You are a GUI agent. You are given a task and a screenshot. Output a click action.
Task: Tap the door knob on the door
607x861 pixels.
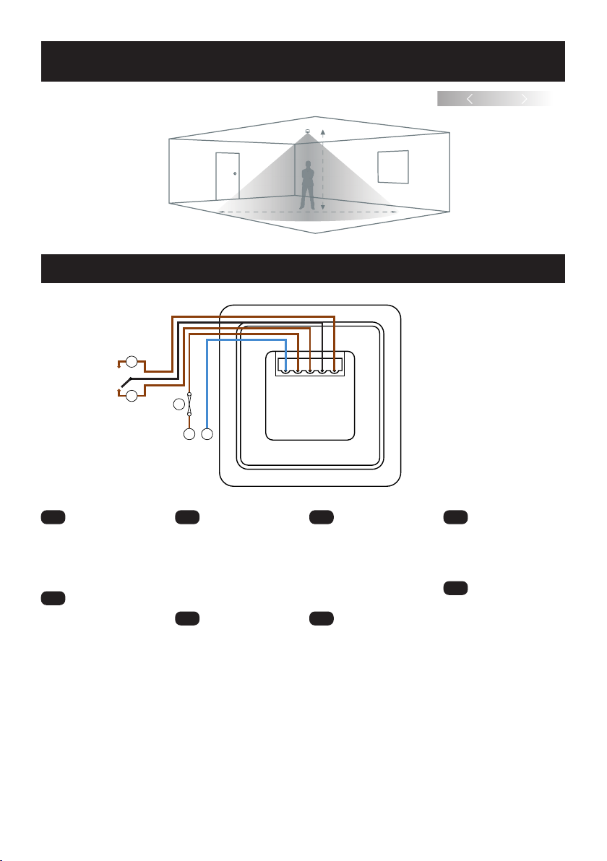[235, 173]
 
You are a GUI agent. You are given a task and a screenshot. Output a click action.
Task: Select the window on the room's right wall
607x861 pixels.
[393, 167]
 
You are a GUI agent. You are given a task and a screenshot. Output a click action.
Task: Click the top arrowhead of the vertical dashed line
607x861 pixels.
[323, 132]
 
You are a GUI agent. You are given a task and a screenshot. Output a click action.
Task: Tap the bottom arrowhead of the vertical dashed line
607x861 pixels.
[323, 209]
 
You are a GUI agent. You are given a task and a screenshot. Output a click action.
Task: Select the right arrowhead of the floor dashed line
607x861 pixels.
[395, 212]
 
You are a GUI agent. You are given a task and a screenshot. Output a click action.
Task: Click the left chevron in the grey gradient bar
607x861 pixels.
[470, 100]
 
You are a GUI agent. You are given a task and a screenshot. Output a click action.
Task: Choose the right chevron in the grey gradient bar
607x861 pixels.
[525, 100]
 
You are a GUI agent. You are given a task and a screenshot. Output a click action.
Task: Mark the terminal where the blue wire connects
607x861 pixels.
[286, 371]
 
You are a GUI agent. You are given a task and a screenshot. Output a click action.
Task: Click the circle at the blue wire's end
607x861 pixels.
[207, 435]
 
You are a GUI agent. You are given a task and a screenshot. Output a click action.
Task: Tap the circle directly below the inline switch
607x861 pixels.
[189, 435]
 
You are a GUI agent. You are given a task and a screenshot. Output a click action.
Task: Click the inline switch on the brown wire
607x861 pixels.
[189, 404]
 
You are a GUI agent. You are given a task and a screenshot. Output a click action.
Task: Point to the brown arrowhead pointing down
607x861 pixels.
[119, 365]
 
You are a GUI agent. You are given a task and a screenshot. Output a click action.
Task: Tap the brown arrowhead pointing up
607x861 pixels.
[119, 391]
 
